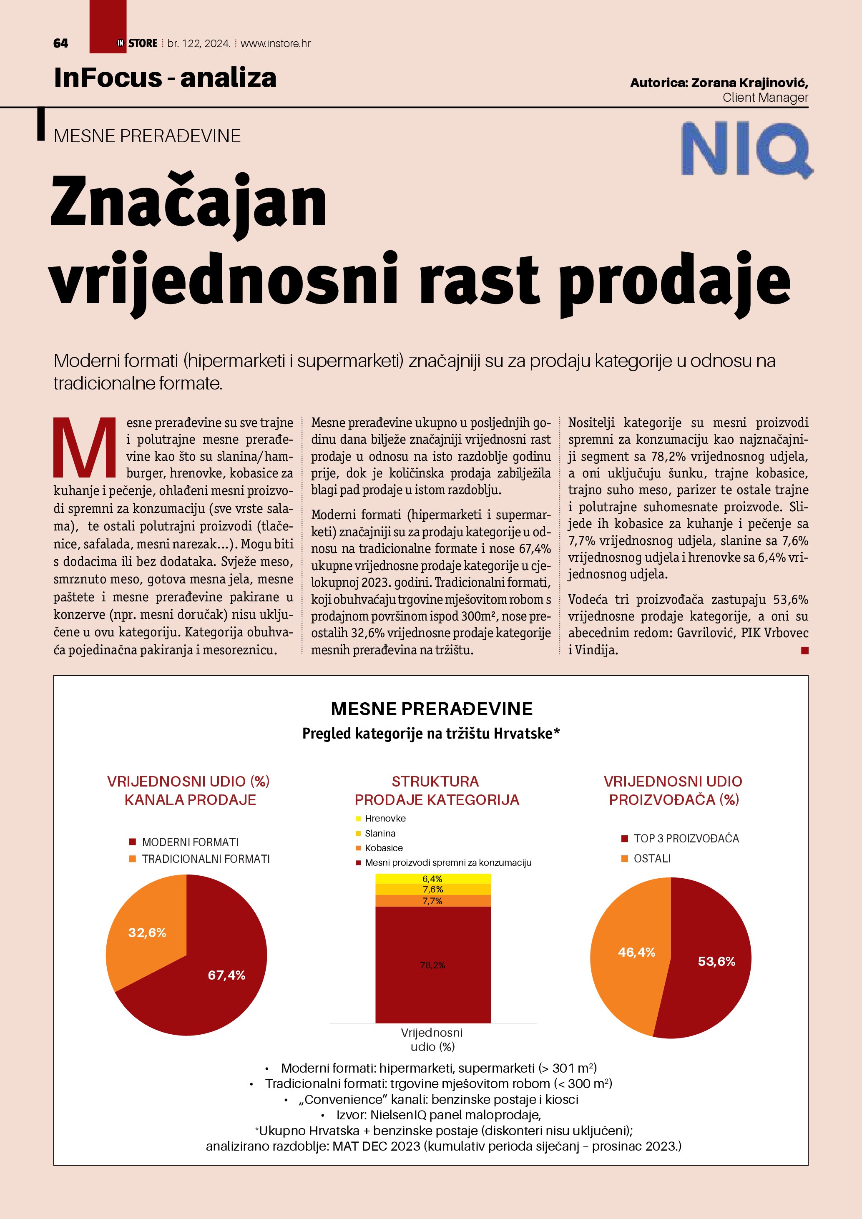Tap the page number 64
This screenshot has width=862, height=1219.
click(60, 43)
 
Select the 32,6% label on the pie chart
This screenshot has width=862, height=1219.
click(147, 933)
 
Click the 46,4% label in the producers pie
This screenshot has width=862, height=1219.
click(636, 953)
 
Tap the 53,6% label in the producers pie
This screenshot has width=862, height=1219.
click(716, 962)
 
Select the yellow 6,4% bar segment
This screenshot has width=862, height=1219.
click(432, 879)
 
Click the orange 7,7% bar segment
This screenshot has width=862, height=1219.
click(432, 901)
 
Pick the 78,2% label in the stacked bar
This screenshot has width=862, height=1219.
click(432, 965)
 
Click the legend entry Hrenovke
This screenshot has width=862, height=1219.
click(385, 819)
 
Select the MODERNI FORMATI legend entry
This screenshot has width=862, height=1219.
click(189, 842)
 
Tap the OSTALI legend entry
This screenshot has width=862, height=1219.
click(651, 859)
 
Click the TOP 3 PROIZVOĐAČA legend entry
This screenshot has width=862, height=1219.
click(686, 838)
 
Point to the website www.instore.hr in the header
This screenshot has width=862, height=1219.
click(276, 43)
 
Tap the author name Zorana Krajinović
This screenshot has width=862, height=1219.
click(749, 83)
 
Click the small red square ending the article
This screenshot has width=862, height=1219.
click(805, 651)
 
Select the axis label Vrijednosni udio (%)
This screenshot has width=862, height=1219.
click(432, 1040)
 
